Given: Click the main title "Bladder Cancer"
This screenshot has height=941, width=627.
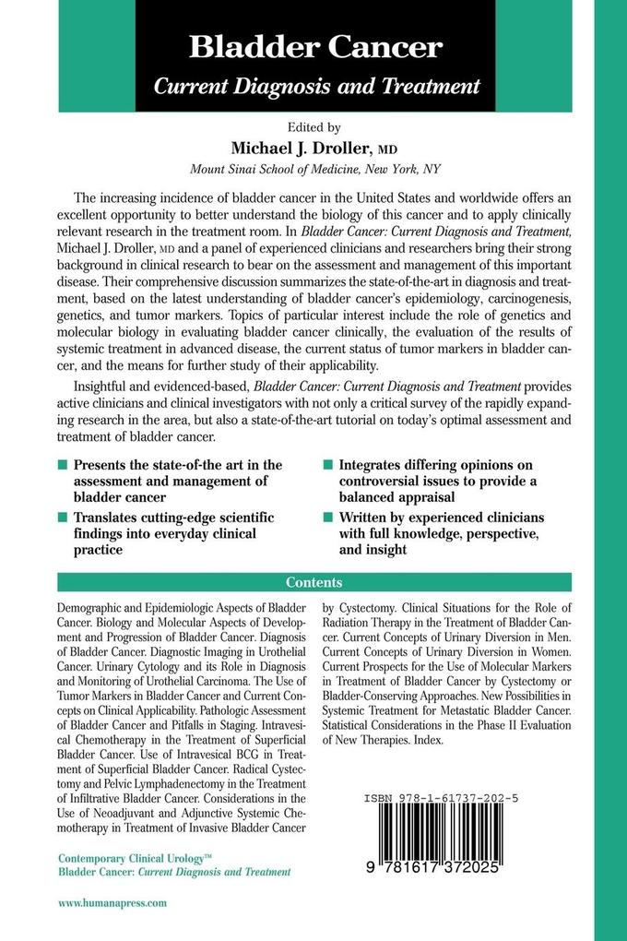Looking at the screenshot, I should [316, 47].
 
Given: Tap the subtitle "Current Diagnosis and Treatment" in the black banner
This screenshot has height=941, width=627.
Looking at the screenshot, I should [316, 87].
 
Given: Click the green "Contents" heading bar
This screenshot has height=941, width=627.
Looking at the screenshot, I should [314, 582].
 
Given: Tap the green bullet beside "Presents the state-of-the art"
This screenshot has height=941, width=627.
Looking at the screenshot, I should [63, 466].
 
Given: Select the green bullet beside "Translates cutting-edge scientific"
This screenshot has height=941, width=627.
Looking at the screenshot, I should [63, 519].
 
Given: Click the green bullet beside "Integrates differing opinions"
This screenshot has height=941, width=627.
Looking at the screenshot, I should [328, 466].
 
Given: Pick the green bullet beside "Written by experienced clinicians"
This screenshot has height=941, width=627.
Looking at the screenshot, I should [328, 518].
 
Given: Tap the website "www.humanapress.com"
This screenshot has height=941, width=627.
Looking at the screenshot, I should [112, 905].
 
